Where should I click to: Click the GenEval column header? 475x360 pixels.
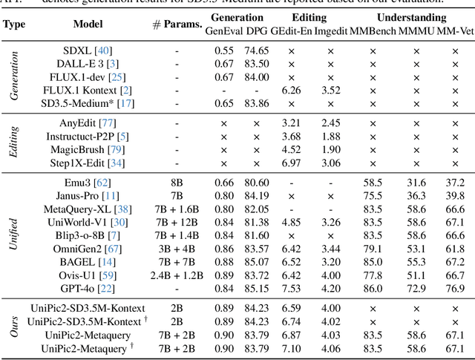223,32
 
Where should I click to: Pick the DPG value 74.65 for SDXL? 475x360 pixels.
256,50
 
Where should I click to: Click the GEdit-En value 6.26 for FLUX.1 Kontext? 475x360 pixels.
292,90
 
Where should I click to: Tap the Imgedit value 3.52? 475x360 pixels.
330,90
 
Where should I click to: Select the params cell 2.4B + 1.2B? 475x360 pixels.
177,275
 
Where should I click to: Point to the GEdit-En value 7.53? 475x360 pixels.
292,288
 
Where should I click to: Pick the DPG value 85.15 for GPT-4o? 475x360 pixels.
256,288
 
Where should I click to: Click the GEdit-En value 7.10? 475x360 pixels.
292,347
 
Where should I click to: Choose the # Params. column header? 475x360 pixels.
177,24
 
